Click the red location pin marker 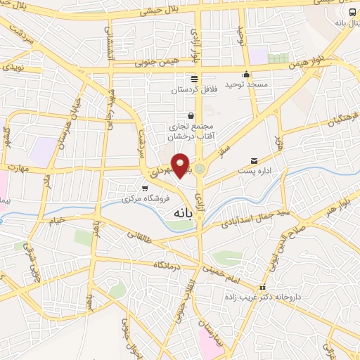(x=181, y=165)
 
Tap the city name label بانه (x=181, y=211)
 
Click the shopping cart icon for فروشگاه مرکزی (x=145, y=188)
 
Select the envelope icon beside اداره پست (x=255, y=160)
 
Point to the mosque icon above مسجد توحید (x=246, y=75)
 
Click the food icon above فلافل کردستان (x=194, y=79)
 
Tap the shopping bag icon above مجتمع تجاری (x=191, y=115)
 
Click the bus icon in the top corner (x=352, y=12)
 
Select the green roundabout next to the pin (x=200, y=169)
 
